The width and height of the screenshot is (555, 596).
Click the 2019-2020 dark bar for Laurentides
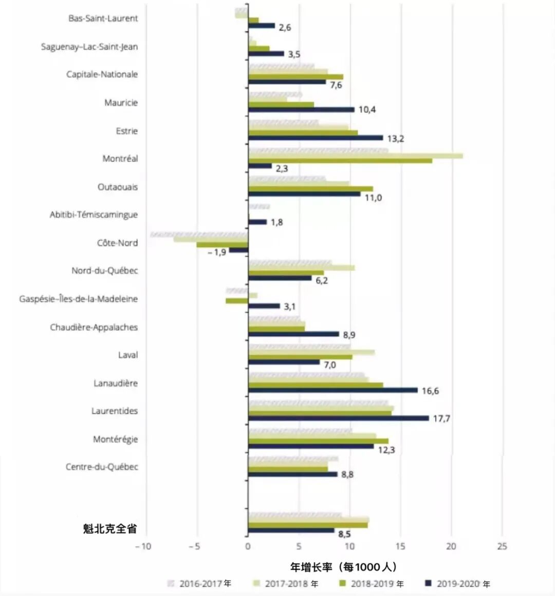coord(338,418)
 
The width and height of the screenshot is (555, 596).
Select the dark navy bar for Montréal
coord(260,166)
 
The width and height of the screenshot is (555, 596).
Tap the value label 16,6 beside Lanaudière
coord(430,391)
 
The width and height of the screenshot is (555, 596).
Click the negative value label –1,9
coord(217,252)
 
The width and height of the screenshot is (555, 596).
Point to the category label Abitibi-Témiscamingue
coord(94,215)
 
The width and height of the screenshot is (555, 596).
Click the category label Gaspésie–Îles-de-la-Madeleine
coord(79,299)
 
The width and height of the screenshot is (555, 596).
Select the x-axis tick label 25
coord(502,546)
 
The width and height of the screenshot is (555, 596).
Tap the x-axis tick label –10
coord(143,546)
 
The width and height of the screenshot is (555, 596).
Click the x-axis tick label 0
coord(248,546)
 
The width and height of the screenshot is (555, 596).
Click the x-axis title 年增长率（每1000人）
coord(344,567)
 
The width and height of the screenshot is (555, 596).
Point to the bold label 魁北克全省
coord(110,529)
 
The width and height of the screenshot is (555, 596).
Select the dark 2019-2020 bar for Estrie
coord(316,138)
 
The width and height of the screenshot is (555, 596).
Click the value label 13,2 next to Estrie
coord(395,139)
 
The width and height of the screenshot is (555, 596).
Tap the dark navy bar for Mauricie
coord(301,110)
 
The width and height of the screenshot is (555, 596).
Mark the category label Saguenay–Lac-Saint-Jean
coord(89,47)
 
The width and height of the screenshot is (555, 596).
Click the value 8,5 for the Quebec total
coord(344,534)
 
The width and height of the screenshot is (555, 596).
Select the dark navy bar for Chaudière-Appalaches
coord(293,334)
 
